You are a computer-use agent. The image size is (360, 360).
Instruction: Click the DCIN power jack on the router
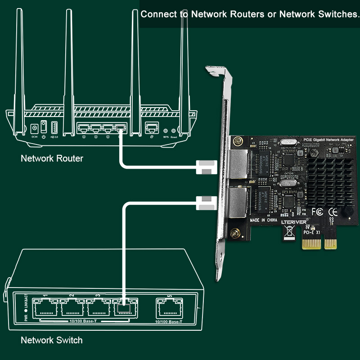[x=34, y=128]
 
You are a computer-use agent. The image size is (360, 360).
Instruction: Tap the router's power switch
[x=44, y=126]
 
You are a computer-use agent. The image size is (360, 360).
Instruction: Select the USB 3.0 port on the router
[x=55, y=128]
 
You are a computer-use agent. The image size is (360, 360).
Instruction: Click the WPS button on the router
[x=166, y=130]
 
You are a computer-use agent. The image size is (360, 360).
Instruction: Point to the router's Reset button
[x=173, y=130]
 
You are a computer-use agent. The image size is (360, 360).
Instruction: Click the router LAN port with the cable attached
[x=119, y=129]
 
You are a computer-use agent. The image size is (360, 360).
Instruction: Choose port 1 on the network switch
[x=45, y=308]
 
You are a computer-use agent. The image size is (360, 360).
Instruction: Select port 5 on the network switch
[x=169, y=308]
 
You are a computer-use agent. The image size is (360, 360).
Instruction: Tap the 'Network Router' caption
[x=52, y=158]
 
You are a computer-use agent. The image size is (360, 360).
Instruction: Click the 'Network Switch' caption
[x=52, y=340]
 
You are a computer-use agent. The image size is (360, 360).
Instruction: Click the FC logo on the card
[x=317, y=211]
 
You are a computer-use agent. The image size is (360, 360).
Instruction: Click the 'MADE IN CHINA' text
[x=264, y=220]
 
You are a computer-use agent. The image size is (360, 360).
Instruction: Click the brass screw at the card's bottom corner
[x=235, y=233]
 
